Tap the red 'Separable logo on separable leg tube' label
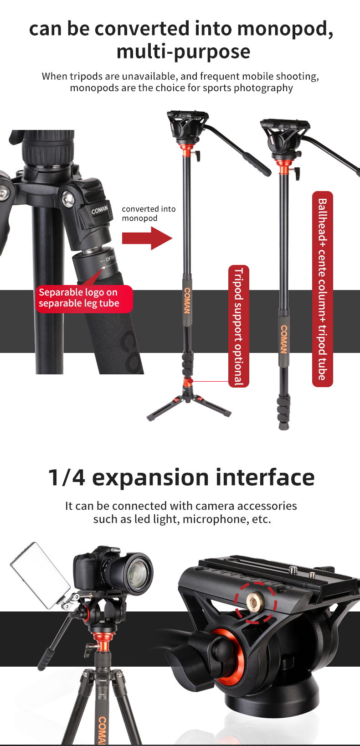(x=84, y=298)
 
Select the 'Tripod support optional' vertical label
(x=238, y=326)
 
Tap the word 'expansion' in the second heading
(x=150, y=477)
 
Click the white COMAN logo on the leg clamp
(x=100, y=210)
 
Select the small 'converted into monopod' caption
(x=149, y=213)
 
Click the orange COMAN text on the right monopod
(x=283, y=339)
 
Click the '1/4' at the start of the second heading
(x=67, y=477)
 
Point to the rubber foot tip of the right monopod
(x=283, y=426)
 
